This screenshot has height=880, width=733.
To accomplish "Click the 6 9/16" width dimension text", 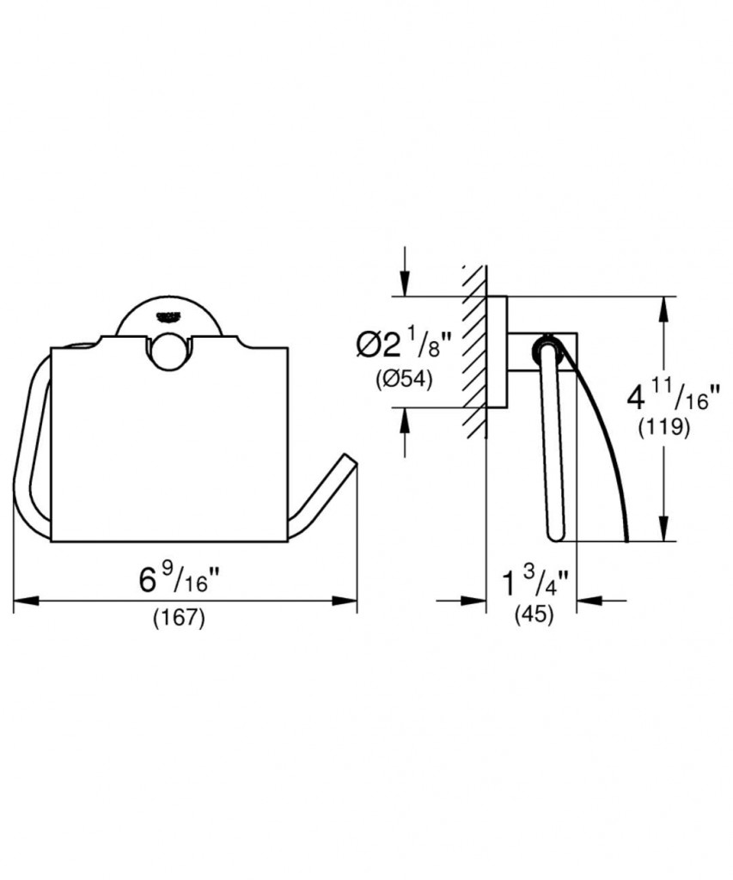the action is point(179,579).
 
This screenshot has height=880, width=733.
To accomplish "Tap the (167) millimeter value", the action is point(179,619).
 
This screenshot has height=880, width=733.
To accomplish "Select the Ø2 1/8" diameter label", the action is point(404,345).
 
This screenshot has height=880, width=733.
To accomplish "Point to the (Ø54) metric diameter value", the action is point(404,380).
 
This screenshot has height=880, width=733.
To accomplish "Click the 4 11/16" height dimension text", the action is point(672,396).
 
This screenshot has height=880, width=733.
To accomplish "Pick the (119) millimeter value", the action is point(664,428).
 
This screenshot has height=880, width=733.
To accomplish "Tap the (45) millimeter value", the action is point(534,614).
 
